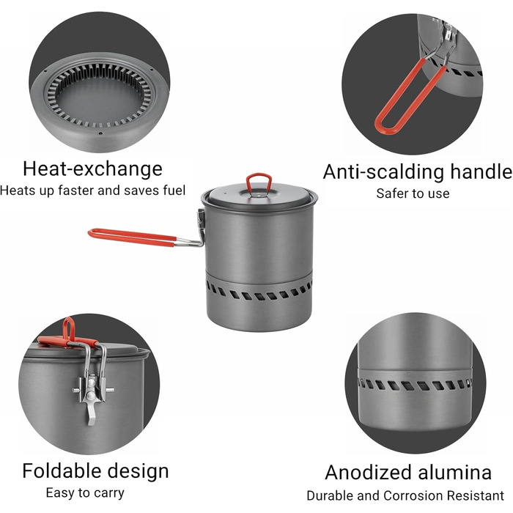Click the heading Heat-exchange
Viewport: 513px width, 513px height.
tap(92, 169)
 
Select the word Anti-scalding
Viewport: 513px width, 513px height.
tap(383, 171)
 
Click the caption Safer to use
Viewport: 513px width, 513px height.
tap(413, 193)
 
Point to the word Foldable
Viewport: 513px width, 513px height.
tap(62, 471)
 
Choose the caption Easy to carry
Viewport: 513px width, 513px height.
tap(85, 493)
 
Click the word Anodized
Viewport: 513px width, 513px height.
tap(368, 473)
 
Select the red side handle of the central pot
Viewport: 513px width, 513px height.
tap(131, 237)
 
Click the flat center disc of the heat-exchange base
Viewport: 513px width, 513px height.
tap(100, 99)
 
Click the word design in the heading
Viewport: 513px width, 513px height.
tap(138, 471)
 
